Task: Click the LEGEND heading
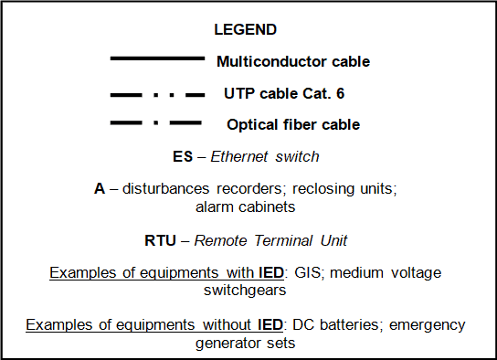pyautogui.click(x=245, y=29)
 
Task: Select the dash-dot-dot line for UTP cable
pyautogui.click(x=157, y=93)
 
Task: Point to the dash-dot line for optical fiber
pyautogui.click(x=157, y=123)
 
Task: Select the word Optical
pyautogui.click(x=252, y=124)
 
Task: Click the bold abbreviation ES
pyautogui.click(x=182, y=156)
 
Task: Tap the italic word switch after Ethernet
pyautogui.click(x=298, y=156)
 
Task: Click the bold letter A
pyautogui.click(x=100, y=189)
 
